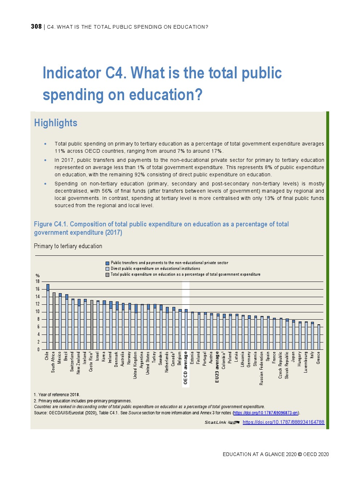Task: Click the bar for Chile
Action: click(x=48, y=317)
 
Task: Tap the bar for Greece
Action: click(x=319, y=337)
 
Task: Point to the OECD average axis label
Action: click(x=185, y=368)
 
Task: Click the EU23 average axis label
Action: click(x=217, y=367)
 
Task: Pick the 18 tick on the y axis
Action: click(x=37, y=282)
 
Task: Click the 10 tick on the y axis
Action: click(x=37, y=312)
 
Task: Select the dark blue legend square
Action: click(x=107, y=263)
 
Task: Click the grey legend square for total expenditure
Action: click(x=107, y=275)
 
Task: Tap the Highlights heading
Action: click(x=56, y=123)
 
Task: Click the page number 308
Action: click(x=36, y=26)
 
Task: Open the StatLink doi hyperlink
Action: click(x=283, y=422)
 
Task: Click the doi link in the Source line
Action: click(x=266, y=413)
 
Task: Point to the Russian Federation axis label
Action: click(x=262, y=368)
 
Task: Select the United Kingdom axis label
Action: click(x=135, y=365)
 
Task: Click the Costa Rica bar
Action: click(x=92, y=325)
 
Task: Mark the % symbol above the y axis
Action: click(x=37, y=276)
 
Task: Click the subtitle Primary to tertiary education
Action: click(x=68, y=246)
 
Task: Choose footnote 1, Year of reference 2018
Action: click(x=57, y=395)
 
